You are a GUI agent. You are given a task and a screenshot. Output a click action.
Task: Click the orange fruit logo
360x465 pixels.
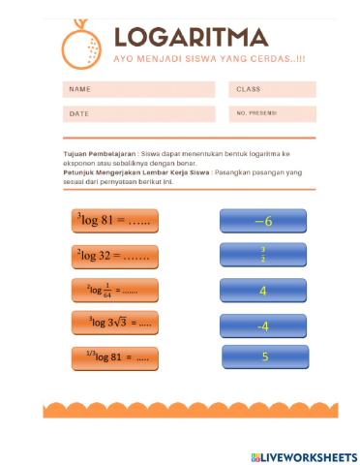coord(81,43)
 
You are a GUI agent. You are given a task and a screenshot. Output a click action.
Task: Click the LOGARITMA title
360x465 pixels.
coord(191,37)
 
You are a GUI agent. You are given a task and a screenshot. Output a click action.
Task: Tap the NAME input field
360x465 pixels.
coord(138,89)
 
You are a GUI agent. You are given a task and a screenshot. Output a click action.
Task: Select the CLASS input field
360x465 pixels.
coord(273,89)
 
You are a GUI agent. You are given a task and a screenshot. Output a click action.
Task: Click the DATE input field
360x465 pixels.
coord(138,113)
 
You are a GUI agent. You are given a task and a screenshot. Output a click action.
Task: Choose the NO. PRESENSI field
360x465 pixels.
coord(273,113)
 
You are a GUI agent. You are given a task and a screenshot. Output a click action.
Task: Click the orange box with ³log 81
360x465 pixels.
coord(114,221)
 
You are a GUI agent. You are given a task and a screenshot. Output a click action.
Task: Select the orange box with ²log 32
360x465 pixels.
coord(114,256)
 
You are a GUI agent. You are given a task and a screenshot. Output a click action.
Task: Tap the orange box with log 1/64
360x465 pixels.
coord(114,290)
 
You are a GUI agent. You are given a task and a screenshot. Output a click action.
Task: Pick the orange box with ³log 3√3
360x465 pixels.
coord(114,323)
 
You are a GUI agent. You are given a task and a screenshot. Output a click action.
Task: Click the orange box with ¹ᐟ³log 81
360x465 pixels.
coord(114,357)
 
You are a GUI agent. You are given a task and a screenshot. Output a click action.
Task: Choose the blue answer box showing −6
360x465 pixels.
coord(263,222)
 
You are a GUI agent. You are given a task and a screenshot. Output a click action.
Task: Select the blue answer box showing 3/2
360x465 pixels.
coord(263,256)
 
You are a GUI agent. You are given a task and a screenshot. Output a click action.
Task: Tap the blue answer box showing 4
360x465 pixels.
coord(263,291)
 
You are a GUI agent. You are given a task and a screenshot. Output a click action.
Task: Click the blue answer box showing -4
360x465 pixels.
coord(263,325)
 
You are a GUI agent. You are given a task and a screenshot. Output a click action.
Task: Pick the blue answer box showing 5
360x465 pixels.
coord(265,357)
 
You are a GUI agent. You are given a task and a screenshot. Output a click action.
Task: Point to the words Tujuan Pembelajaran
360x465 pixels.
coord(99,154)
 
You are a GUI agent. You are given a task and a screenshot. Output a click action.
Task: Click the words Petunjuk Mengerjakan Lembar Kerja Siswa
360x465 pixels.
coord(136,171)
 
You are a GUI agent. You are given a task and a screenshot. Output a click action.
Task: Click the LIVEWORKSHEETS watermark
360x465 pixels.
coord(304,455)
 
